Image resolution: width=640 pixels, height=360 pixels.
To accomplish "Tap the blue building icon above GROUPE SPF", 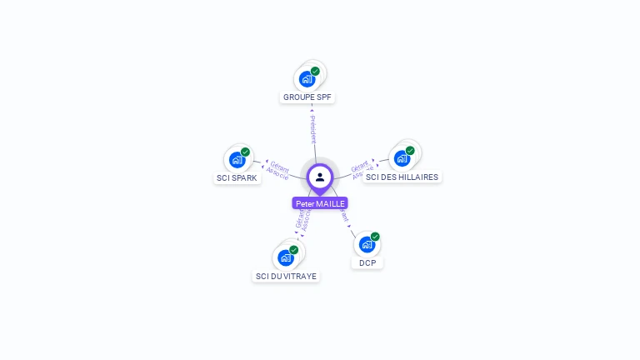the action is [307, 79].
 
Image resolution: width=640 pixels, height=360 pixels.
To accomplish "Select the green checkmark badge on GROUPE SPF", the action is [315, 72].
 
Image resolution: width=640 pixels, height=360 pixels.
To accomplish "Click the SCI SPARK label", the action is [237, 177].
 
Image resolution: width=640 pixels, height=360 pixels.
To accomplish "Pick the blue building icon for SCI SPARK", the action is [237, 159].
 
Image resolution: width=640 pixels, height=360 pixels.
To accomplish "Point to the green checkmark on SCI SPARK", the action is [245, 152].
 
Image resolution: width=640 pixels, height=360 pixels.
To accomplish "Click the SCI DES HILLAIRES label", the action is [402, 177].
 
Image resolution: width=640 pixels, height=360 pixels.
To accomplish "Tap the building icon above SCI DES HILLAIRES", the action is [402, 158].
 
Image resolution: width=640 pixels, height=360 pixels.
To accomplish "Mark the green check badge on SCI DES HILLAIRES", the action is [410, 151].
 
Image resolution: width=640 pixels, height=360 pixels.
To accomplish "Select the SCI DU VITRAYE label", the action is [286, 276].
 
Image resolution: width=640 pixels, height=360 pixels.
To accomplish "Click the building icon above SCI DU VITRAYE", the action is [286, 257].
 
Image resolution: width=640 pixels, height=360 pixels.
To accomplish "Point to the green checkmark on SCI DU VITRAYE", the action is [294, 250].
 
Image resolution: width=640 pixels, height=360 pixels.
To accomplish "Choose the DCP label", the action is [367, 262].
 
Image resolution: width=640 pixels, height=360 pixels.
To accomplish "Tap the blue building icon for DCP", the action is [367, 245].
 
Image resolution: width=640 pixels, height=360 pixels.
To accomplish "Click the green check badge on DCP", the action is [375, 237].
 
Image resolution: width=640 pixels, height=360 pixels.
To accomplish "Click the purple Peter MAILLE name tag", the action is [320, 203].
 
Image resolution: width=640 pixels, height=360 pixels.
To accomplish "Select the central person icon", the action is [320, 177].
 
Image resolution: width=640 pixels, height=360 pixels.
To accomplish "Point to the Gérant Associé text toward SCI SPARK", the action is [277, 171].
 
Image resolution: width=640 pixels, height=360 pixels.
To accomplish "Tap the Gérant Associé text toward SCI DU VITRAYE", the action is [302, 217].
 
